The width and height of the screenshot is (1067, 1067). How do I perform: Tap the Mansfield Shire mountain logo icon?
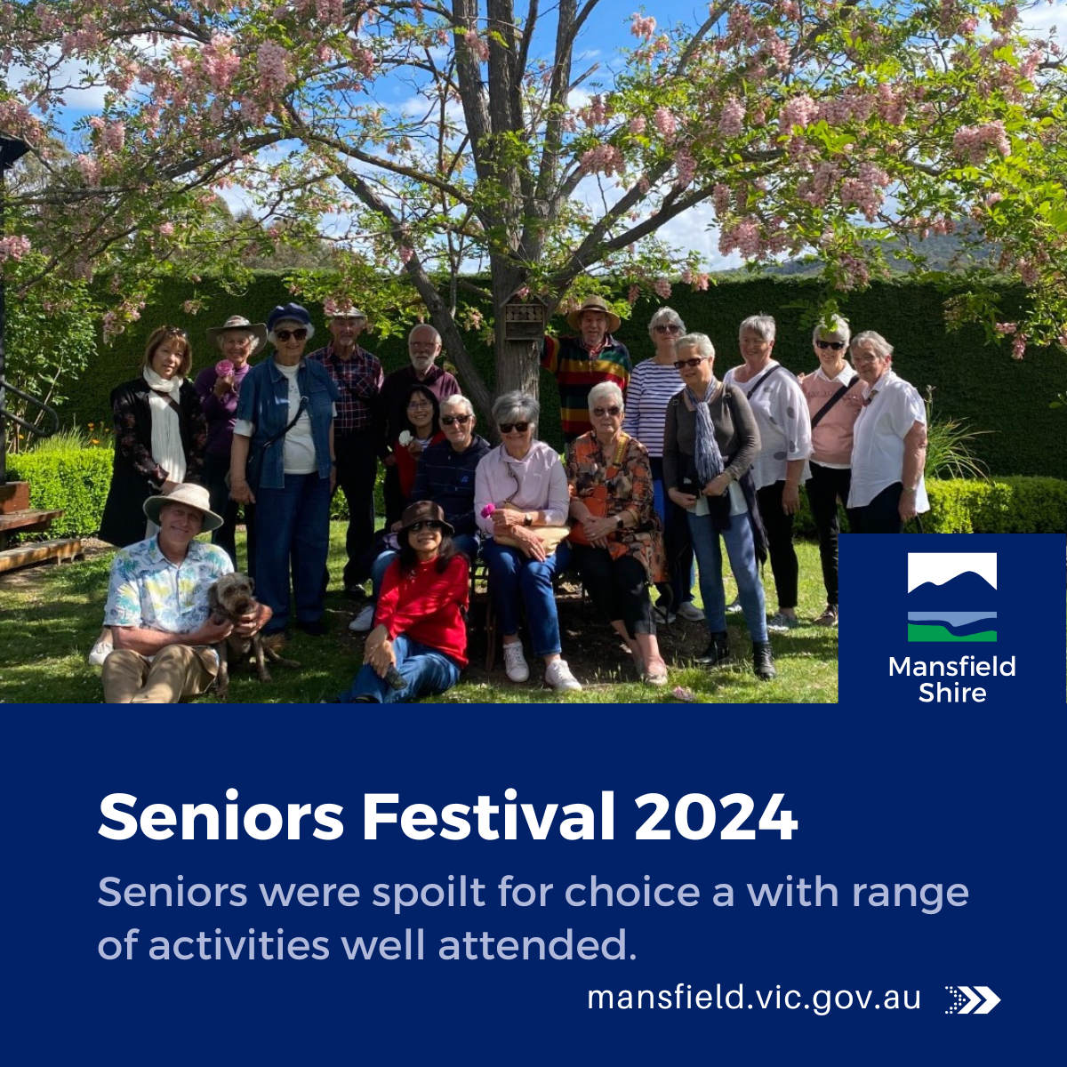(x=951, y=597)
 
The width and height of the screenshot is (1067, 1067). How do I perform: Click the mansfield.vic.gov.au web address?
(x=754, y=998)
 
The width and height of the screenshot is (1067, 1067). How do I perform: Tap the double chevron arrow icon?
(x=974, y=999)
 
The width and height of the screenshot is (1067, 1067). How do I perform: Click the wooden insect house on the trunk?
(x=525, y=319)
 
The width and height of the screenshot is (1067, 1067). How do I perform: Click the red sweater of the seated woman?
(x=424, y=600)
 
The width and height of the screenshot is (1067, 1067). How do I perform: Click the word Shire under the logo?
(x=951, y=694)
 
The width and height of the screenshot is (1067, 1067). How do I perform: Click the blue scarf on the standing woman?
(x=706, y=436)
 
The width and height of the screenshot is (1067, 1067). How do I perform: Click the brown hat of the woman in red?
(x=424, y=515)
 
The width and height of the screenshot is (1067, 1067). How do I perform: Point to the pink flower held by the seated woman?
(x=487, y=510)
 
